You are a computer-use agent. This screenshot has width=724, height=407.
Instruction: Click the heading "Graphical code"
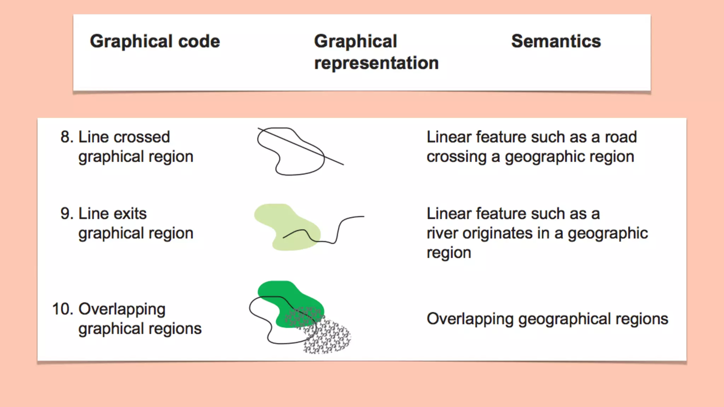pos(155,41)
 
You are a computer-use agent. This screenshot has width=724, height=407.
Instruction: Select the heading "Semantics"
pos(556,41)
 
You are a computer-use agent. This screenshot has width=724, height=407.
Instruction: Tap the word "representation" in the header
pos(376,63)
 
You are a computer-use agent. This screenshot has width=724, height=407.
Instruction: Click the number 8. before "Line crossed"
pos(67,137)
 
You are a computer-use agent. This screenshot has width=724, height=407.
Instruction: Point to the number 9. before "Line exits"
pos(67,214)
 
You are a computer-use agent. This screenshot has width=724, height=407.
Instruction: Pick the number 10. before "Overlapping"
pos(63,309)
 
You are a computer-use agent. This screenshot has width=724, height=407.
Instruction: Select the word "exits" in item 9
pos(130,214)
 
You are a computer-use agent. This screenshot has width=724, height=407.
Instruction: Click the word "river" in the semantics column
pos(442,233)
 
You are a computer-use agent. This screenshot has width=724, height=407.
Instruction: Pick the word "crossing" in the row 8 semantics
pos(456,157)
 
